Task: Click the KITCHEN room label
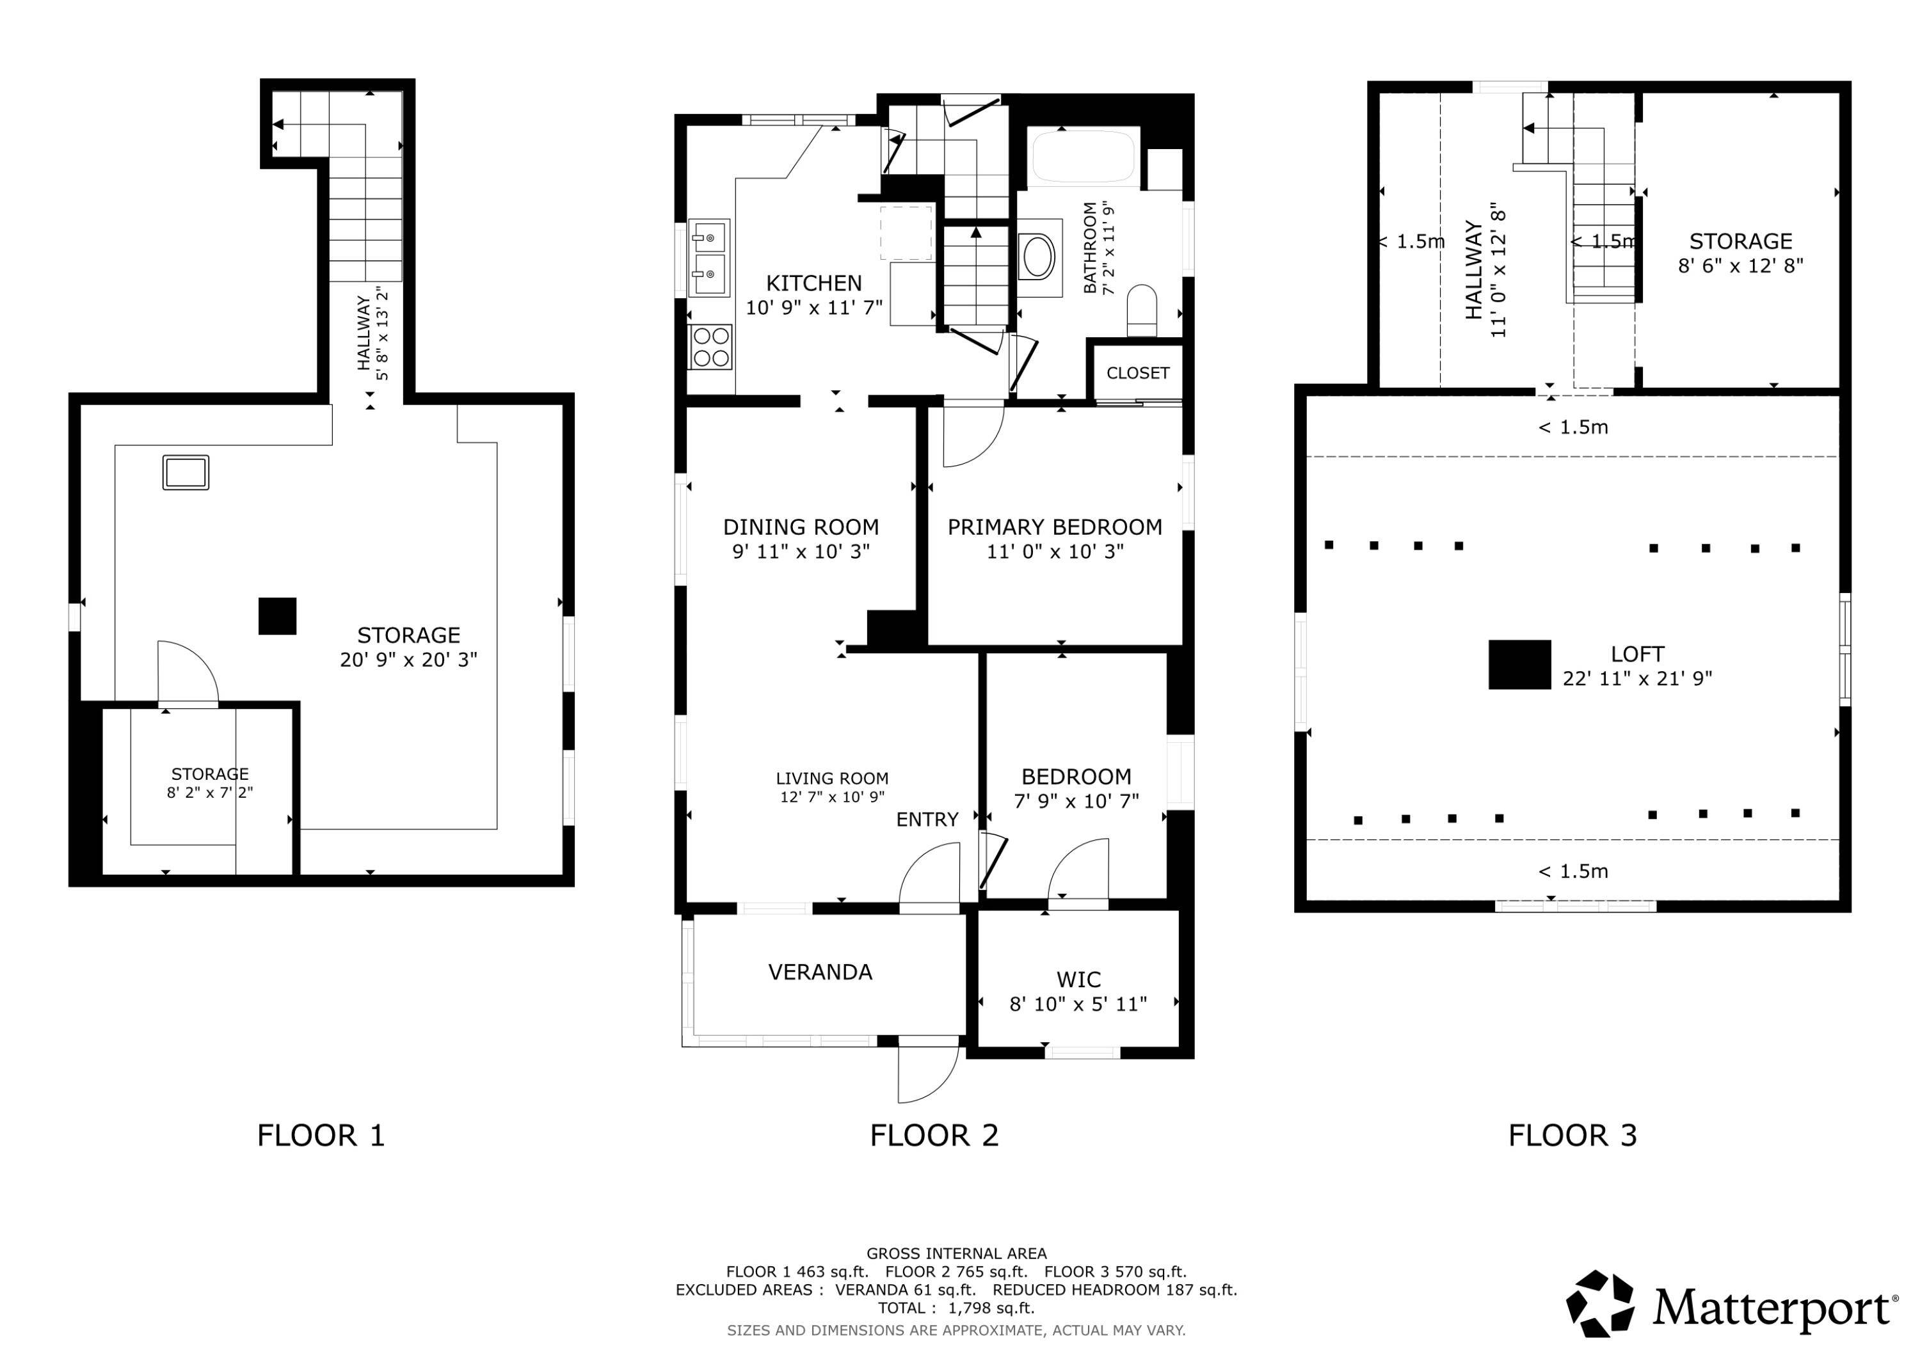click(x=813, y=283)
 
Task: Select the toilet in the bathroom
click(x=1142, y=311)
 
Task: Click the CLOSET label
click(x=1138, y=373)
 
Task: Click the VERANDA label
click(x=820, y=972)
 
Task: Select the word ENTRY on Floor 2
click(x=927, y=820)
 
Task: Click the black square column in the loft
click(x=1519, y=665)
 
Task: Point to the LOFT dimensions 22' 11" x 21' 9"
click(x=1637, y=679)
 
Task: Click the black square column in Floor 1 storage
click(x=278, y=616)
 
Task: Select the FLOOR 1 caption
click(x=321, y=1136)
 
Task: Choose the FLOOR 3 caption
click(x=1573, y=1136)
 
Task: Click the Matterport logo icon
click(x=1601, y=1305)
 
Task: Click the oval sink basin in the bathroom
click(x=1039, y=257)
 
